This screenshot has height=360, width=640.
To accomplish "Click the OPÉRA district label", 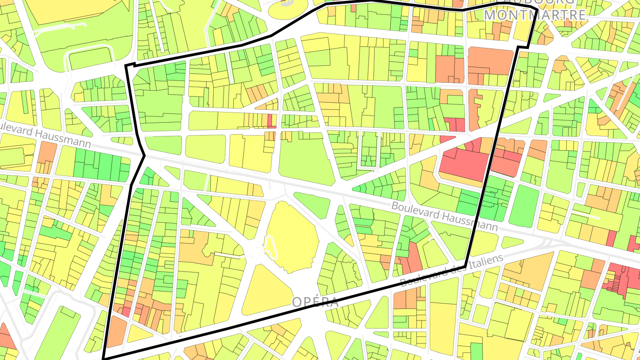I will [x=316, y=303].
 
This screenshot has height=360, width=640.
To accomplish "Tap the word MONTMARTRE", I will [x=535, y=15].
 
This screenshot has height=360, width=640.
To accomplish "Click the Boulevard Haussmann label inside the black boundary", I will [x=444, y=217].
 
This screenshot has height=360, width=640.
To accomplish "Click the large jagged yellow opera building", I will [x=291, y=236].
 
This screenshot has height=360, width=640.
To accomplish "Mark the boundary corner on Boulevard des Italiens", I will [x=465, y=267].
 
